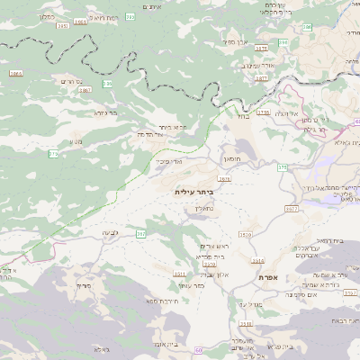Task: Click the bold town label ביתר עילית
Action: pos(191,192)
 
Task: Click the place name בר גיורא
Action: pos(105,113)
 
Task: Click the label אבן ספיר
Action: pos(237,41)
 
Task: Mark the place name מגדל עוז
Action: pos(248,305)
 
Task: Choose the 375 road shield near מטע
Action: pos(53,154)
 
